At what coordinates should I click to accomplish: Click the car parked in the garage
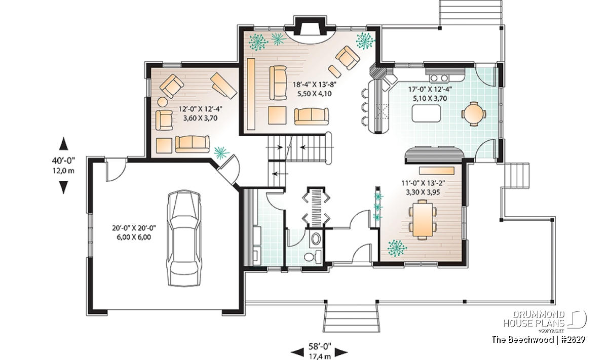(x=184, y=238)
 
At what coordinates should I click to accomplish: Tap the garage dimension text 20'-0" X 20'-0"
(x=134, y=228)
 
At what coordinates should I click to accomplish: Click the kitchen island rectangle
(x=427, y=113)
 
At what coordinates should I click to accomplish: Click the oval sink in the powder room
(x=316, y=238)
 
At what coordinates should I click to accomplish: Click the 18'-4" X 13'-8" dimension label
(x=314, y=85)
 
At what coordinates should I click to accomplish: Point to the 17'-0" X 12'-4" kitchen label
(x=430, y=89)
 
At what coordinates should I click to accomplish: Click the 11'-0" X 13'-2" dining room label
(x=423, y=183)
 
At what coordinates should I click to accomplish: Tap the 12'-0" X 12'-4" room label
(x=200, y=109)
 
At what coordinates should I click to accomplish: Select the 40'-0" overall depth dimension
(x=63, y=161)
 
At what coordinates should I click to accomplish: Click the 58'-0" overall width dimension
(x=320, y=346)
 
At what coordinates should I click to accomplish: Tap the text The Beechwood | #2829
(x=539, y=339)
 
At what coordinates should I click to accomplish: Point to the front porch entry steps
(x=352, y=317)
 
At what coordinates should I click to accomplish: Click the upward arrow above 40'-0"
(x=64, y=143)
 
